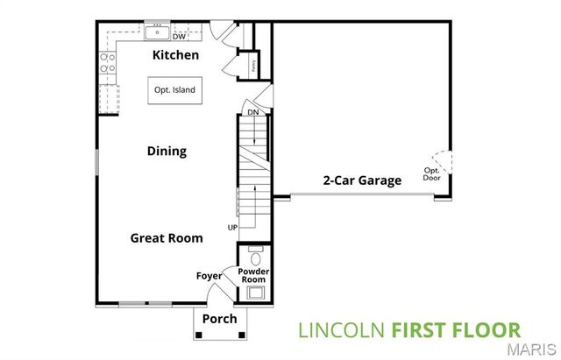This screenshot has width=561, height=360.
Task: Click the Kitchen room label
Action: pyautogui.click(x=175, y=55)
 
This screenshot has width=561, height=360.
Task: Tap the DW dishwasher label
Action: pyautogui.click(x=179, y=37)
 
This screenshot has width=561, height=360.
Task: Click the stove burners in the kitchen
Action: pyautogui.click(x=109, y=63)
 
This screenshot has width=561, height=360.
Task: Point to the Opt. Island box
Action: pyautogui.click(x=174, y=90)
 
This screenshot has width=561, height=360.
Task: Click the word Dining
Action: pyautogui.click(x=167, y=151)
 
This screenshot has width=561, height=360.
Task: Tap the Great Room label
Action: pyautogui.click(x=167, y=237)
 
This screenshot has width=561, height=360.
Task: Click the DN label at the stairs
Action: pyautogui.click(x=252, y=112)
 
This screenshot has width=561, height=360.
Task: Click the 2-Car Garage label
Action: pyautogui.click(x=362, y=180)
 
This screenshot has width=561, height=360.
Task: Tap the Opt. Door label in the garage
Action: pyautogui.click(x=432, y=173)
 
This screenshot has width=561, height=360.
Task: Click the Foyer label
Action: pyautogui.click(x=209, y=276)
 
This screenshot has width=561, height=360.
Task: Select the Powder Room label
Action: pyautogui.click(x=255, y=275)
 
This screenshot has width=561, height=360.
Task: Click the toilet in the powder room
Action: pyautogui.click(x=256, y=258)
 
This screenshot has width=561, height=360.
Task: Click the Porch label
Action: pyautogui.click(x=219, y=319)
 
